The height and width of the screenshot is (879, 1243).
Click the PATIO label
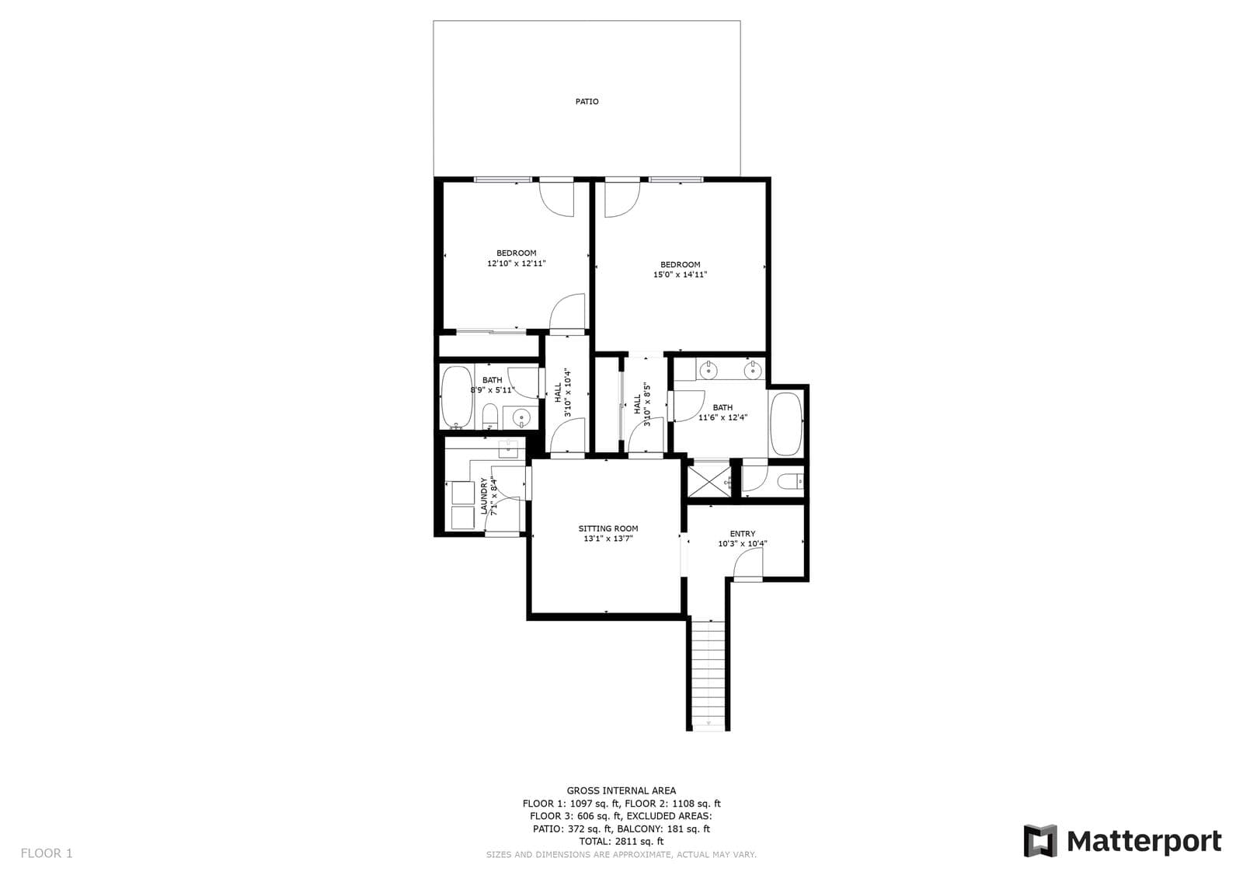coord(587,102)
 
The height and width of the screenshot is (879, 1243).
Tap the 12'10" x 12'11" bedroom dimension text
coord(516,263)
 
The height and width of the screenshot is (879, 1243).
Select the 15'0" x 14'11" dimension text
coord(680,274)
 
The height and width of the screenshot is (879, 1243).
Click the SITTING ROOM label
coord(608,528)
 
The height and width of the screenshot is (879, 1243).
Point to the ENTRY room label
coord(742,534)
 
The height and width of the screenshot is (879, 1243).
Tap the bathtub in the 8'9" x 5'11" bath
coord(457,398)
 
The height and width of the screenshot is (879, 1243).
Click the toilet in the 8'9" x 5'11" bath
coord(490,416)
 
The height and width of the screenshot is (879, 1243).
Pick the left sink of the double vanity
coord(709,371)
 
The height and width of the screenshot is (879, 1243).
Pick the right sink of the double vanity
coord(751,371)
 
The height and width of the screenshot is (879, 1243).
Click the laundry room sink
coord(510,448)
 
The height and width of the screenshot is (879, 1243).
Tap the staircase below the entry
coord(708,672)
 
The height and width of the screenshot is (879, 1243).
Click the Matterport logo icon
coord(1040,841)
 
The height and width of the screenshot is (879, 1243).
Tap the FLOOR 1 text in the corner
coord(47,853)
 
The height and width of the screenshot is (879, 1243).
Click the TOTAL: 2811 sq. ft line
coord(621,841)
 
